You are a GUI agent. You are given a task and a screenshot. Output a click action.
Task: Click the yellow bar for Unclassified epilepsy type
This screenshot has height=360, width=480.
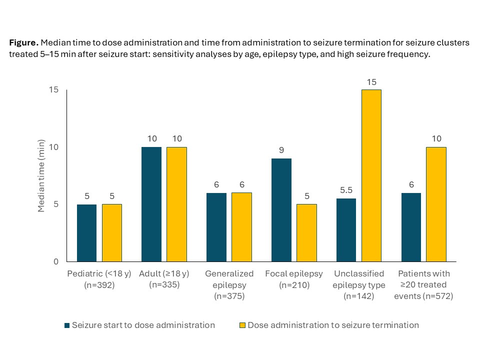pyautogui.click(x=371, y=175)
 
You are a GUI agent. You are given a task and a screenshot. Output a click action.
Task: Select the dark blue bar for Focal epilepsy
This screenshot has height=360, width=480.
pyautogui.click(x=281, y=210)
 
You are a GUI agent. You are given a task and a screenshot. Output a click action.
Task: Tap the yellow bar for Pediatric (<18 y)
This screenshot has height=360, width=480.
pyautogui.click(x=111, y=233)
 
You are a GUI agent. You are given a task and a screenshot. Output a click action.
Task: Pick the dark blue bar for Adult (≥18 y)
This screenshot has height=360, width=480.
pyautogui.click(x=151, y=204)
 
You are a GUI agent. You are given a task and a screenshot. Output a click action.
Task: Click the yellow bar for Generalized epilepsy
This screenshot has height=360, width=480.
pyautogui.click(x=241, y=227)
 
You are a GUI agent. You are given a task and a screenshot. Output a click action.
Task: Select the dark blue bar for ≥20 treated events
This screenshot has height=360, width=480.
pyautogui.click(x=411, y=227)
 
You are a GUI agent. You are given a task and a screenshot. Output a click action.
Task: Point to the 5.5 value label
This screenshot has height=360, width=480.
pyautogui.click(x=346, y=190)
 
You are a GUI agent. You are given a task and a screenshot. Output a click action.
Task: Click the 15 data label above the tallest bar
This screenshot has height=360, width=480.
pyautogui.click(x=371, y=81)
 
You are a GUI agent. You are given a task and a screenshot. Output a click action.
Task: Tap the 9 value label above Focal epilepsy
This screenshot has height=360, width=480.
pyautogui.click(x=281, y=150)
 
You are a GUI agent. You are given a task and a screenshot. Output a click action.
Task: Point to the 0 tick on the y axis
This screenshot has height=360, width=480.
pyautogui.click(x=56, y=261)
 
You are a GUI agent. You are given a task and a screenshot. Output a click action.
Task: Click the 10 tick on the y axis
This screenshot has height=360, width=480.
pyautogui.click(x=53, y=147)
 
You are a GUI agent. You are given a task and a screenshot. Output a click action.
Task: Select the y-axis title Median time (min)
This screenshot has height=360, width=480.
pyautogui.click(x=41, y=176)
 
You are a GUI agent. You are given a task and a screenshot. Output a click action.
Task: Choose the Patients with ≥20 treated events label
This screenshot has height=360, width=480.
pyautogui.click(x=424, y=285)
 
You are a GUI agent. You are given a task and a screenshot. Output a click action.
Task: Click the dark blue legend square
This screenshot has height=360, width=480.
pyautogui.click(x=67, y=325)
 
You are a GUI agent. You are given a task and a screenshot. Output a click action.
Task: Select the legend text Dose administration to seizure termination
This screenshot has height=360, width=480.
pyautogui.click(x=333, y=325)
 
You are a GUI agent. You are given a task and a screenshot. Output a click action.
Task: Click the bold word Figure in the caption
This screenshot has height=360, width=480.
pyautogui.click(x=23, y=43)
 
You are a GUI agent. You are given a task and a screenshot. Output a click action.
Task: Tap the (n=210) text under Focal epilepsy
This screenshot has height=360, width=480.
pyautogui.click(x=294, y=285)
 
